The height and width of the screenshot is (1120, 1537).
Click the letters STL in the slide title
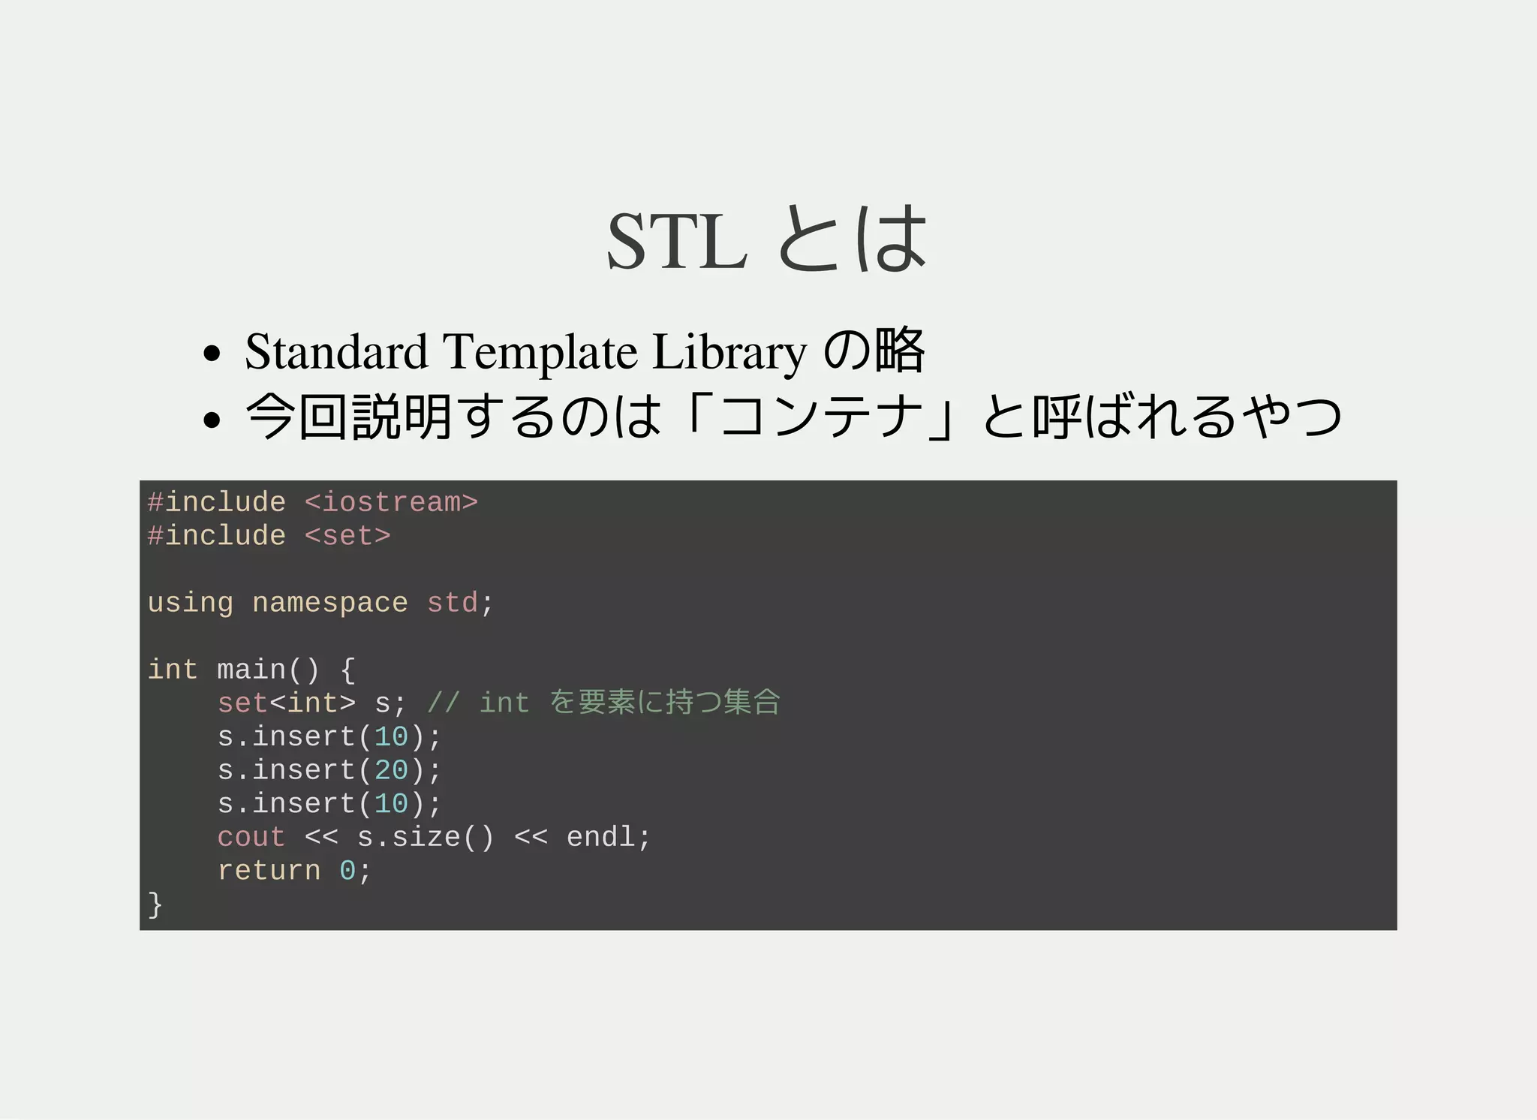[x=677, y=242]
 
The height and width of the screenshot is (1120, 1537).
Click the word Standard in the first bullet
[x=336, y=351]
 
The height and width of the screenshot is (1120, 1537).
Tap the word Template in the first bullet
[x=540, y=351]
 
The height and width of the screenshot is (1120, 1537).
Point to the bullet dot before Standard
[x=212, y=353]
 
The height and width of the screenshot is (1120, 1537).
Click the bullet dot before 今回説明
[x=212, y=419]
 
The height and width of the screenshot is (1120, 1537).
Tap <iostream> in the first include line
[x=391, y=502]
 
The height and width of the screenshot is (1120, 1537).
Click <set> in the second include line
[x=347, y=536]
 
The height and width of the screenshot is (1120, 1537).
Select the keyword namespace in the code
[x=329, y=603]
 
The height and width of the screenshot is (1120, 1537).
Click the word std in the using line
[x=452, y=603]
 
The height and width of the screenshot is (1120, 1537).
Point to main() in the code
[x=268, y=670]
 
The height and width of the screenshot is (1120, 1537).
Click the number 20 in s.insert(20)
[x=391, y=770]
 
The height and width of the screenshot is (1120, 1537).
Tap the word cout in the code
[x=251, y=837]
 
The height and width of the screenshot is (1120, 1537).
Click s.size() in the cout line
[x=426, y=837]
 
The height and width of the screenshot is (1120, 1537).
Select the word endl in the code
[x=600, y=837]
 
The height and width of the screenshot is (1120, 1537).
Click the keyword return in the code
[x=269, y=871]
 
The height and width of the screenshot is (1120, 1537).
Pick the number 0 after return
[x=347, y=871]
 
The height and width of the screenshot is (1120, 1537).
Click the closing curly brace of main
[x=155, y=905]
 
